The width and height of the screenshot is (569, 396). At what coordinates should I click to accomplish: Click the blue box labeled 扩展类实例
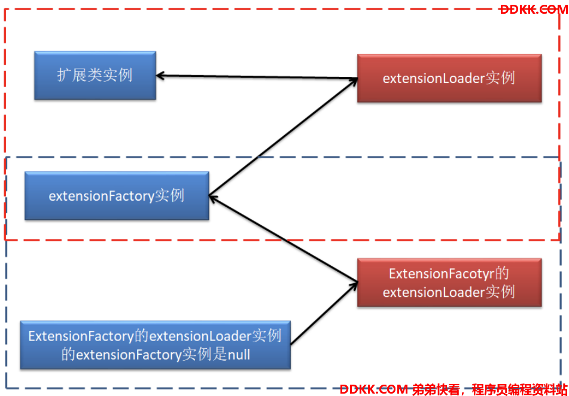[95, 75]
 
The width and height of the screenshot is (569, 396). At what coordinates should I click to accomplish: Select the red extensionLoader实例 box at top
[449, 78]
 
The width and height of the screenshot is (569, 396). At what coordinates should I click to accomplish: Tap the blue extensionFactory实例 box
[117, 196]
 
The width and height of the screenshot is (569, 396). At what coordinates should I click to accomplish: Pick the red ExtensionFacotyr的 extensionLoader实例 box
[449, 283]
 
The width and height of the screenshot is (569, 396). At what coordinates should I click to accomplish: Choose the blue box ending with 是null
[156, 345]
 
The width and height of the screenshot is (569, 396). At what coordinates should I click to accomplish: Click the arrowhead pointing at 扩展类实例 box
[160, 76]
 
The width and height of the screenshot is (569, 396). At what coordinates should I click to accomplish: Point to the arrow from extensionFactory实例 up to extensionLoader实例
[284, 137]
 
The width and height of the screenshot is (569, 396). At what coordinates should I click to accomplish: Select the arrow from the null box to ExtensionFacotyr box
[324, 314]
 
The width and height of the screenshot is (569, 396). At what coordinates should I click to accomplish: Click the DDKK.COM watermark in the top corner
[534, 10]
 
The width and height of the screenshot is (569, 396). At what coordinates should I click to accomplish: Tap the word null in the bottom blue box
[239, 354]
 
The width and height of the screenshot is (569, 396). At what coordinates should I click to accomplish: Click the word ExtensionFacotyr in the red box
[442, 274]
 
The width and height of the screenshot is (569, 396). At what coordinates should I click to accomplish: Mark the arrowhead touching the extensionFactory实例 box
[214, 198]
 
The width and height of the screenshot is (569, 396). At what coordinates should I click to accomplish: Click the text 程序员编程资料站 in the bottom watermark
[520, 389]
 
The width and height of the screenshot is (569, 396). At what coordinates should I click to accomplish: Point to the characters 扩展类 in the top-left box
[80, 75]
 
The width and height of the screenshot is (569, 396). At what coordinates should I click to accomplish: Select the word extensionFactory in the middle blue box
[102, 196]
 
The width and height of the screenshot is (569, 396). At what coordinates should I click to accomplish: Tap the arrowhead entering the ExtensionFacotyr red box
[354, 286]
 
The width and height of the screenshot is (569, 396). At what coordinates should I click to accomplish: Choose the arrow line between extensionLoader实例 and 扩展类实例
[257, 77]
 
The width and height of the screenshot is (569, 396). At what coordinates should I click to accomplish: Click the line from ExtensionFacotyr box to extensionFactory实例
[284, 239]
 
